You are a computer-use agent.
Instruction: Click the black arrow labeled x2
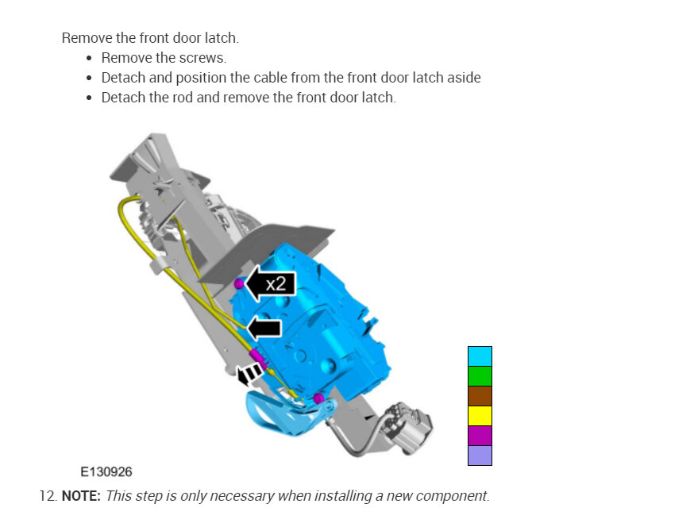[x=271, y=283]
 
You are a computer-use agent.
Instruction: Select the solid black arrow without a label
[x=264, y=329]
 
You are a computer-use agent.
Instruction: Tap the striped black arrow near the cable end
[x=249, y=375]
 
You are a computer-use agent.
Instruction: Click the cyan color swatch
[x=480, y=356]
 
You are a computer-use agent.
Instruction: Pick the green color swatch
[x=480, y=376]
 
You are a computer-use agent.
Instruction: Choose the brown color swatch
[x=480, y=396]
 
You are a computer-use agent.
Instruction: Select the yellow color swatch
[x=480, y=416]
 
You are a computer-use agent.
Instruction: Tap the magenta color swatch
[x=480, y=436]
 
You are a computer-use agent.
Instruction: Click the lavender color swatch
[x=480, y=456]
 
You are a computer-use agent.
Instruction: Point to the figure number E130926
[x=106, y=472]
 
